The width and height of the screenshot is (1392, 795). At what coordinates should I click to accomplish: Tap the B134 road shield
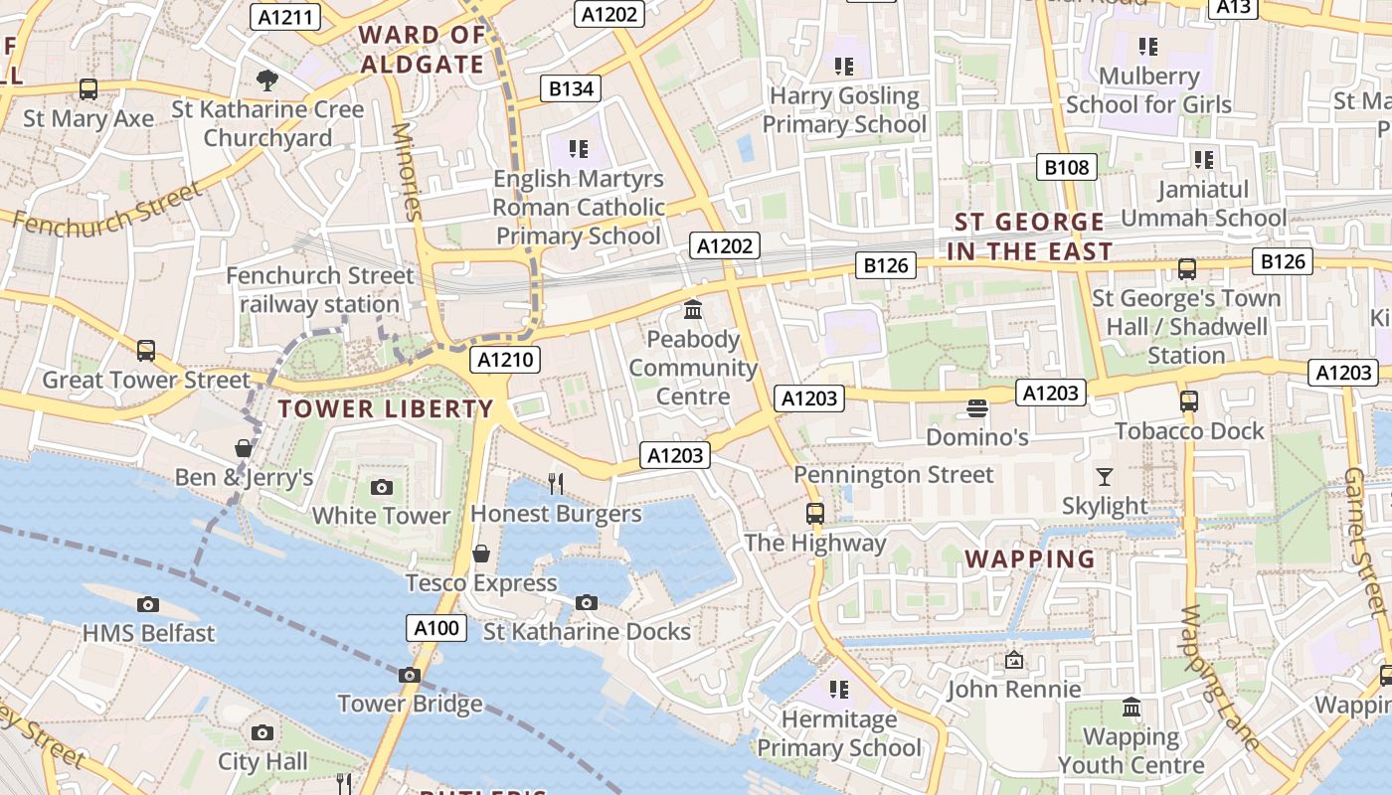coord(571,88)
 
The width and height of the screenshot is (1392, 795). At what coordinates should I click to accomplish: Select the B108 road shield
coord(1067,167)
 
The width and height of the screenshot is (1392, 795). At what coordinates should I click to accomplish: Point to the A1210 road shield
coord(506,360)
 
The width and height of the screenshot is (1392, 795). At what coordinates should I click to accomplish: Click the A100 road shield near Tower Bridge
coord(436,628)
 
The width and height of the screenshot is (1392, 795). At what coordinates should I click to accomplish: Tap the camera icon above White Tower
coord(381,487)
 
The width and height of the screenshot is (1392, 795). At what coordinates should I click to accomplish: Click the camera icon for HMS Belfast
coord(147,604)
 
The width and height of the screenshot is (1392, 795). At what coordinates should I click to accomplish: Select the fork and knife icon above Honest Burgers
coord(556,484)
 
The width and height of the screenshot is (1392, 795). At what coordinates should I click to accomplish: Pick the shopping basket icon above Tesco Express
coord(481,554)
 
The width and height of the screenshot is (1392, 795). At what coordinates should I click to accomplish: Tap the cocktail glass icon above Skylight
coord(1104,477)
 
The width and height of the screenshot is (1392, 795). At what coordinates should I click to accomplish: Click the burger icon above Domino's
coord(977,408)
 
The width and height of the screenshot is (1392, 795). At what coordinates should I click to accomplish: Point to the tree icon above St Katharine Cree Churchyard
coord(266,80)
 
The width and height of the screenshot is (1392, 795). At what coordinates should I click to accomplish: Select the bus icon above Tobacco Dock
coord(1188,401)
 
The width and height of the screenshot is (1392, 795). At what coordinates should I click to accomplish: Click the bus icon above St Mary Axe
coord(88,89)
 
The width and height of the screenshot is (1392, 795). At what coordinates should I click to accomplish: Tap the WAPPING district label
coord(1030,558)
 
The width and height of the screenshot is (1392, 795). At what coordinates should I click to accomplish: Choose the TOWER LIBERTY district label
coord(386,408)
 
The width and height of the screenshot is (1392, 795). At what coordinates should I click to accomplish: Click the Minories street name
coord(408,171)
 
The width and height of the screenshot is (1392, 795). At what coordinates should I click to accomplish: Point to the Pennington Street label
coord(893,475)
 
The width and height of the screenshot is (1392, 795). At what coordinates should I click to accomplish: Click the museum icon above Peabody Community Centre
coord(693,310)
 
